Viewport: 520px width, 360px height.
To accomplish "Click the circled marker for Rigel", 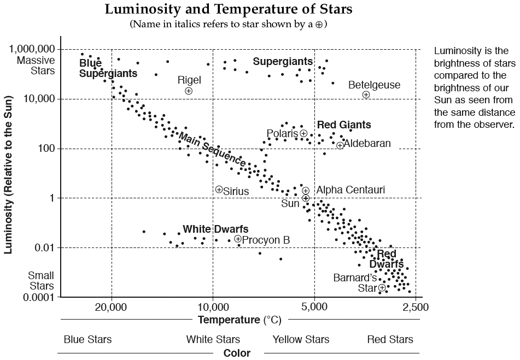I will click(x=189, y=91).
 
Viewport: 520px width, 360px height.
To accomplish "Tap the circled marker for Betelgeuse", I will click(x=366, y=95).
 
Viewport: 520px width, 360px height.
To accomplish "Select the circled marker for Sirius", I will click(x=219, y=189).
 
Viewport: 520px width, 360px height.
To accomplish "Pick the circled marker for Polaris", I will click(x=304, y=133).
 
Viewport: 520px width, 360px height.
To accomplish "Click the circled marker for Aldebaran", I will click(x=340, y=145).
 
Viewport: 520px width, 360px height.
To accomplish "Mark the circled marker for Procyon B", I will click(x=238, y=239).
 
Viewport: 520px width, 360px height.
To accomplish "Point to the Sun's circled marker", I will click(x=306, y=198).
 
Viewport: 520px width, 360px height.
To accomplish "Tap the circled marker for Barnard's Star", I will click(x=382, y=288).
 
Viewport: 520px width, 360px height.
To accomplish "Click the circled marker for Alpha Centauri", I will click(x=306, y=190).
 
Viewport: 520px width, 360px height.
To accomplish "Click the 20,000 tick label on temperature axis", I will click(x=112, y=307).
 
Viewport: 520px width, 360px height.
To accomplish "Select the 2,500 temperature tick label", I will click(x=416, y=307).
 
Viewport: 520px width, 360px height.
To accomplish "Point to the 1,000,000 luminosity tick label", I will click(x=32, y=49).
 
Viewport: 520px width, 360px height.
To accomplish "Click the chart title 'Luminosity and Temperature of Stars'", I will click(x=229, y=9).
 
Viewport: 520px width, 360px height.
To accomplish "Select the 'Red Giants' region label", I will click(x=344, y=125).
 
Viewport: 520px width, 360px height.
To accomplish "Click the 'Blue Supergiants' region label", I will click(x=108, y=68).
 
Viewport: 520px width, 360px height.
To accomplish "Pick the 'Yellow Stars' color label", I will click(x=301, y=340).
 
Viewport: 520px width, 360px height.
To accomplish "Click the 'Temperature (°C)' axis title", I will click(x=236, y=320).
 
